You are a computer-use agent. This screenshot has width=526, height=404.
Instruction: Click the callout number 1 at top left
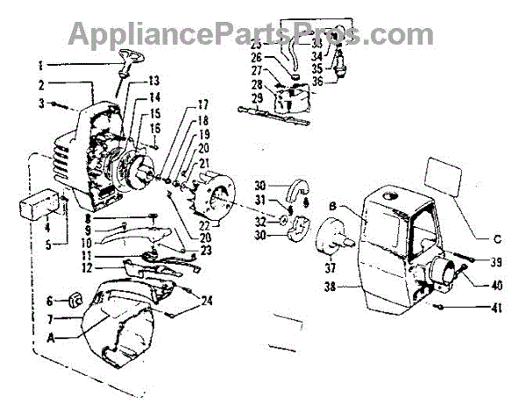pyautogui.click(x=39, y=65)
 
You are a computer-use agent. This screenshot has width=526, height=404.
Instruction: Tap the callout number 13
pyautogui.click(x=155, y=82)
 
